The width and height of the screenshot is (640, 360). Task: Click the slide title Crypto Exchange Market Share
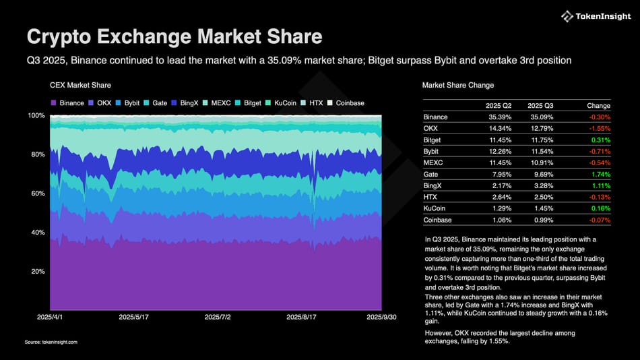tap(174, 36)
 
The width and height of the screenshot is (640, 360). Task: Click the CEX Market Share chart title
tap(80, 86)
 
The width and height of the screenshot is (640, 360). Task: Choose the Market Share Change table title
tap(457, 86)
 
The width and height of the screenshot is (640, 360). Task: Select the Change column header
tap(598, 106)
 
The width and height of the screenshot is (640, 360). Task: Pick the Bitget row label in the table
tap(433, 140)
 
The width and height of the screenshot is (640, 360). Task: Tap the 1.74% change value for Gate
tap(600, 175)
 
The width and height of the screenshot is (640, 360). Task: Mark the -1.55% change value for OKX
tap(598, 129)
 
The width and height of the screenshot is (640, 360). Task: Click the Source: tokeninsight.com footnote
tap(51, 342)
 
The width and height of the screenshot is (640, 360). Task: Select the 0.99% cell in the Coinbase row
tap(543, 220)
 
